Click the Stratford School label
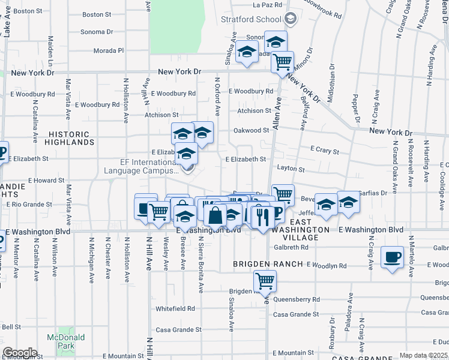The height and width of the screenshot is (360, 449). click(x=251, y=19)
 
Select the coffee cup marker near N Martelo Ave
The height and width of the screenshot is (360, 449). click(x=392, y=257)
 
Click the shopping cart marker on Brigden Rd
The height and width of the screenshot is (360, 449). click(x=265, y=280)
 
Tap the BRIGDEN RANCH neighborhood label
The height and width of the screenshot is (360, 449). click(x=268, y=265)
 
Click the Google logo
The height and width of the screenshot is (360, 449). click(x=20, y=352)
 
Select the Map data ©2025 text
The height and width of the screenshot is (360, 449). click(x=423, y=355)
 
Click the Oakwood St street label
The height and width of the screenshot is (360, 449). click(x=250, y=130)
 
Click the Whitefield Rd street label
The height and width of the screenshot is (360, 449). click(x=175, y=308)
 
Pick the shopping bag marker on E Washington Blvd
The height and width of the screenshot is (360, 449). click(x=215, y=215)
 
